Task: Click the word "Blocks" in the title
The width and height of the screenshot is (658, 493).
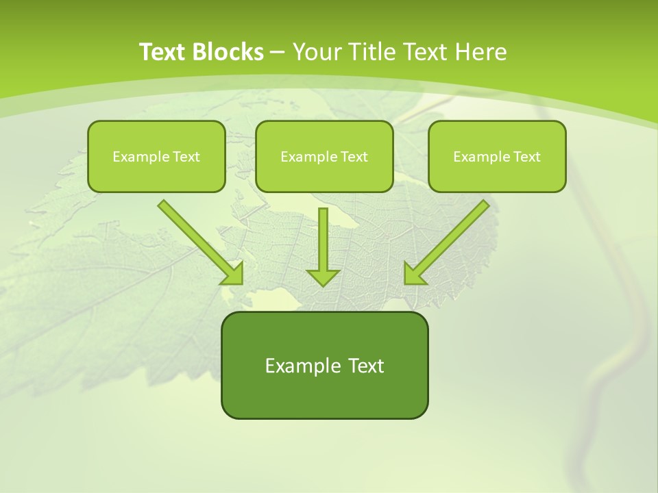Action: pos(228,52)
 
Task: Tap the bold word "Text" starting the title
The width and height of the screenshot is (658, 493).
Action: pos(164,52)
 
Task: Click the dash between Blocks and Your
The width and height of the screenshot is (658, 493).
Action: pos(278,53)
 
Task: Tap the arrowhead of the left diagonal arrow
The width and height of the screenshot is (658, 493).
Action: pos(233,274)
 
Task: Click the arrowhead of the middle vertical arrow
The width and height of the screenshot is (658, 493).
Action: pos(323,277)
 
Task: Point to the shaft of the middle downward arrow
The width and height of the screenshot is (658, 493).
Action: pos(323,236)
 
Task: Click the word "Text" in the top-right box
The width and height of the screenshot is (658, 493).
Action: pos(527,157)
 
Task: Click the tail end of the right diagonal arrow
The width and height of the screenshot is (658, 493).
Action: pos(483,205)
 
